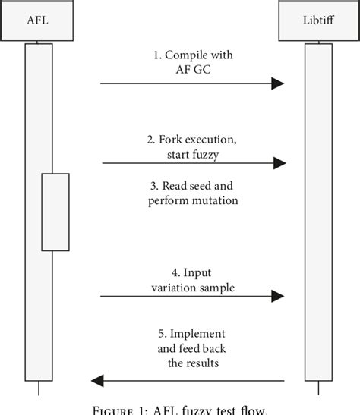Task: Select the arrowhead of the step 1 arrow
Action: pyautogui.click(x=278, y=83)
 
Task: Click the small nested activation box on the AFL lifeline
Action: pyautogui.click(x=55, y=212)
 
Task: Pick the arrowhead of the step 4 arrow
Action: pyautogui.click(x=278, y=296)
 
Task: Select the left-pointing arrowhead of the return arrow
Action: pyautogui.click(x=96, y=380)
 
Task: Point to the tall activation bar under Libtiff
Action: pyautogui.click(x=318, y=212)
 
